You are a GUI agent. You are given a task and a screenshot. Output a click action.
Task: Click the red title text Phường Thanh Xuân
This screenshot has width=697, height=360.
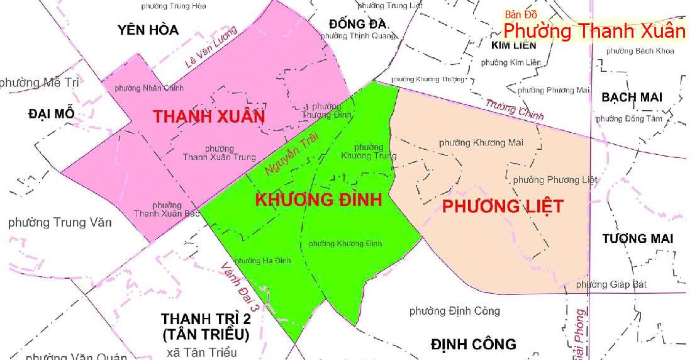tap(594, 31)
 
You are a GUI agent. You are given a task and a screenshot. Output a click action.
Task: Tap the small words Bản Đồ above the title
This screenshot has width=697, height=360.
tap(521, 14)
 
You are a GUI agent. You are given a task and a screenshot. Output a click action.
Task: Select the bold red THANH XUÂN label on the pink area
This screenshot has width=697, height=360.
tap(209, 117)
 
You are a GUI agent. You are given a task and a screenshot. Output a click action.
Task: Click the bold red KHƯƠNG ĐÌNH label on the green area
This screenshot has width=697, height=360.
tap(318, 200)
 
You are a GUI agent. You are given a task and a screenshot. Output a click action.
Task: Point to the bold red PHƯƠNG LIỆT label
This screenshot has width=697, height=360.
tap(502, 206)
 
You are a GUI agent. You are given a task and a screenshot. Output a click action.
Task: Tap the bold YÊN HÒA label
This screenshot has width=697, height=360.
tap(148, 30)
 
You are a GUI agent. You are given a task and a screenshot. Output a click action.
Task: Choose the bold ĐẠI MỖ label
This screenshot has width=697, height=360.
tap(52, 113)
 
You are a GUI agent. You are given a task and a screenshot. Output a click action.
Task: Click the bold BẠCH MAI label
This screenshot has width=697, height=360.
tap(632, 98)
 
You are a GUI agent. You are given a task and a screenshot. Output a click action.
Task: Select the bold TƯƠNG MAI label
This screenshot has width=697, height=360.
tap(637, 239)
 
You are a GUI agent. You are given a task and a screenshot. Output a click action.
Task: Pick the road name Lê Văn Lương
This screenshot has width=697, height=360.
tap(211, 48)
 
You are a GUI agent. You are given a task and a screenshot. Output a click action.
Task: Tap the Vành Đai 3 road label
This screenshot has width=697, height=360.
tap(241, 288)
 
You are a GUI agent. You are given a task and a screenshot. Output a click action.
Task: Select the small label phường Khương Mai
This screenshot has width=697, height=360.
tap(481, 143)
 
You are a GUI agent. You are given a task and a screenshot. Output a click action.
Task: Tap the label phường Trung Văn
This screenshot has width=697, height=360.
tap(60, 222)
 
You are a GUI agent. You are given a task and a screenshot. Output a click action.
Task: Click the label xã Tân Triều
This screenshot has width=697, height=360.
tap(201, 352)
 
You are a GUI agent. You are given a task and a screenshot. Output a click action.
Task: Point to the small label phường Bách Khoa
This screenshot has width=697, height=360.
tap(640, 50)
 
